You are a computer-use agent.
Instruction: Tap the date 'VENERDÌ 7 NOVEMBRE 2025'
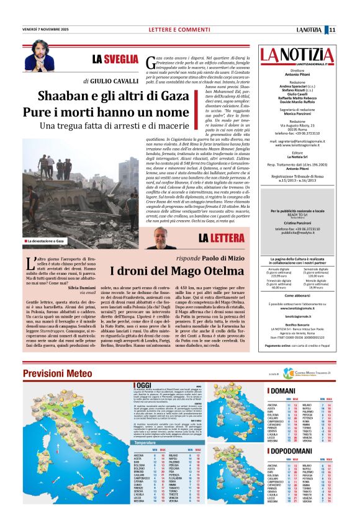point(45,29)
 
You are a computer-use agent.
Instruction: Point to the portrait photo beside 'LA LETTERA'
point(163,238)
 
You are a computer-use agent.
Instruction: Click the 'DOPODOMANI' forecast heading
point(290,455)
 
